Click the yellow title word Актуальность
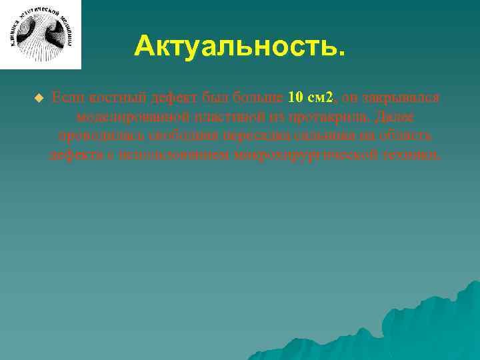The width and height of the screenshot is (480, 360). point(240,47)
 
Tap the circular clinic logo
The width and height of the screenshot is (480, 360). point(41,34)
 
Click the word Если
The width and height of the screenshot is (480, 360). point(67,98)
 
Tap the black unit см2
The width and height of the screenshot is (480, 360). point(321,98)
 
